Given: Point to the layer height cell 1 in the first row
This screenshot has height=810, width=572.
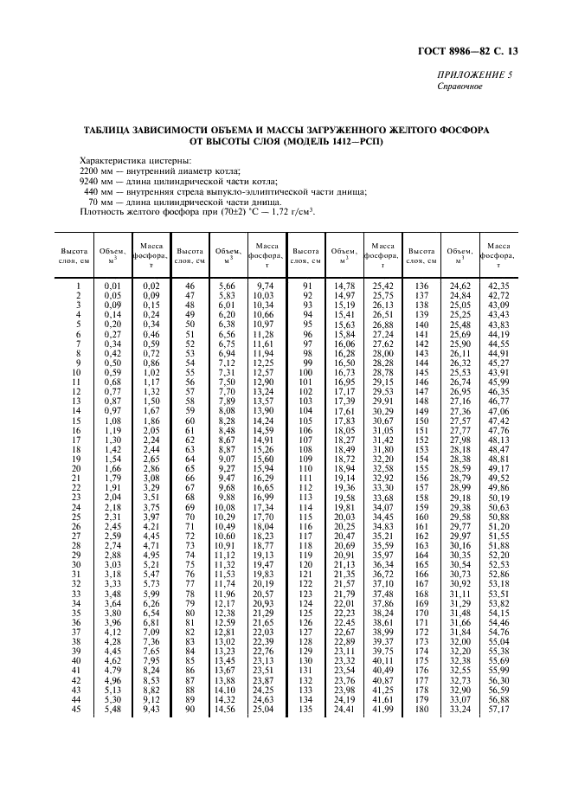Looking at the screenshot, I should pyautogui.click(x=78, y=286).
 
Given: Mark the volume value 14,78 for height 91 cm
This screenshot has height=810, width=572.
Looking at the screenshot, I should pyautogui.click(x=344, y=286).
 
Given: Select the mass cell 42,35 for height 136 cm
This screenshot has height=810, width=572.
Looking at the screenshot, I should pyautogui.click(x=498, y=286).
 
